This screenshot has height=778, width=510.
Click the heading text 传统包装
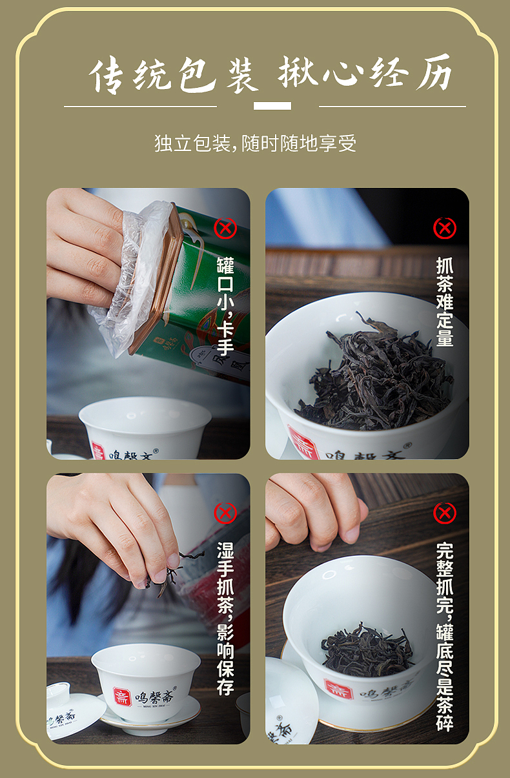[x=173, y=76]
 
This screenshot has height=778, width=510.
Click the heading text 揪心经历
[x=365, y=75]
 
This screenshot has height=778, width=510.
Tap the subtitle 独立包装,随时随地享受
[x=255, y=143]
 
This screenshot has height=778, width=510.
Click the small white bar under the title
[x=272, y=106]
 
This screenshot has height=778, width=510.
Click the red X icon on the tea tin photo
[x=225, y=227]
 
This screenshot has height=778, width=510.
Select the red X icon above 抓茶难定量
[x=444, y=227]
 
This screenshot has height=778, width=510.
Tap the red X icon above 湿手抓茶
[x=225, y=513]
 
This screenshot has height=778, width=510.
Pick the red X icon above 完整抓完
[x=444, y=513]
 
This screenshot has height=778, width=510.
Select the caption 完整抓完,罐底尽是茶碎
[x=444, y=636]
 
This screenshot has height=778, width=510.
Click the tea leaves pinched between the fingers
[x=165, y=575]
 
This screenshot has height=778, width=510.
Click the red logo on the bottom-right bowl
[x=338, y=688]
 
